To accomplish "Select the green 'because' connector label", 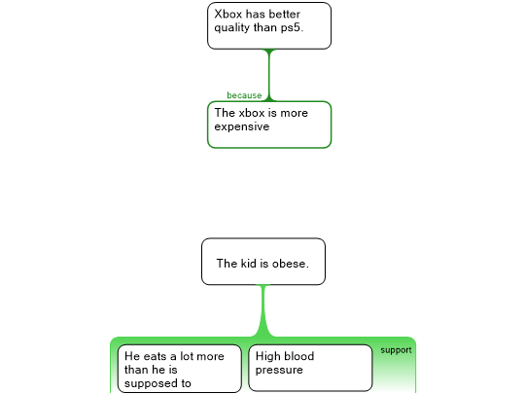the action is [x=244, y=95].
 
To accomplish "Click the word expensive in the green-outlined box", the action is [x=242, y=127].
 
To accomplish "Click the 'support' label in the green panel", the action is [x=396, y=350].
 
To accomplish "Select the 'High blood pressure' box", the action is [x=310, y=368].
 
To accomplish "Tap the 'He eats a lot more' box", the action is [x=180, y=369].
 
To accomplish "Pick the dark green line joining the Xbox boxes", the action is [x=269, y=75].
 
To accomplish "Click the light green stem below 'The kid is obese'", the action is [x=263, y=310].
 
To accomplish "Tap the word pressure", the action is [x=279, y=371].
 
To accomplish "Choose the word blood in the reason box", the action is [x=299, y=356].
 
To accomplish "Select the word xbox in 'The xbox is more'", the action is [x=252, y=113].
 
